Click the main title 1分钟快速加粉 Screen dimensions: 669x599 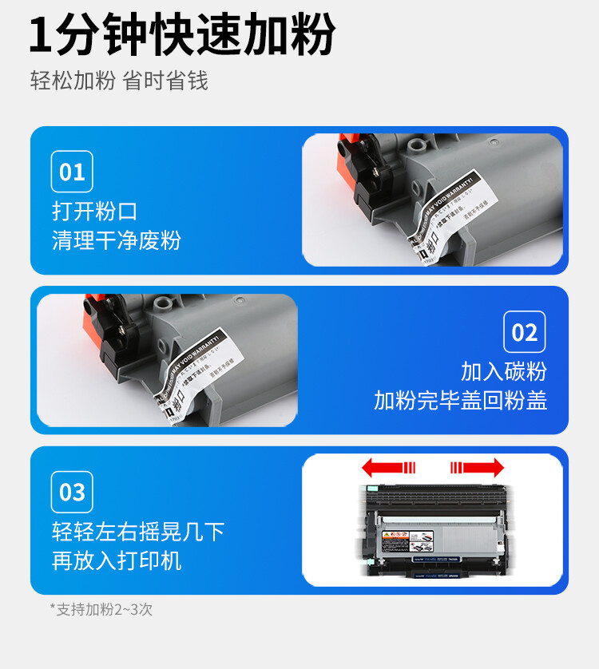coord(182,36)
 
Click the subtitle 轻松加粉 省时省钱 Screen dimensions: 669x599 coord(119,81)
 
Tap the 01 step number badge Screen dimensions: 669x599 coord(72,172)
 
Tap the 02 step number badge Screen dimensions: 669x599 coord(524,332)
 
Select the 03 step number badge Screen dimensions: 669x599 coord(72,492)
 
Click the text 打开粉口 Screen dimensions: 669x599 coord(95,212)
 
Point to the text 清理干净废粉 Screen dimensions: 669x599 coord(117,240)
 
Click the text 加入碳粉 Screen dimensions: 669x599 coord(503,371)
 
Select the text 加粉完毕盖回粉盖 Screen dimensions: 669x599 coord(460,400)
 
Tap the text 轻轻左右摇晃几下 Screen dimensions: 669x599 coord(138,532)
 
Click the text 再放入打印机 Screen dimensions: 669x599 coord(117,560)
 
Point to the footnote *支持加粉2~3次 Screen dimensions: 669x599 coord(101,609)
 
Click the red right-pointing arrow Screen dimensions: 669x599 coord(477,467)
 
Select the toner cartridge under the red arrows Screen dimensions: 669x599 coord(431,531)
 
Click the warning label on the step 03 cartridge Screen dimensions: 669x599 coord(397,542)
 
